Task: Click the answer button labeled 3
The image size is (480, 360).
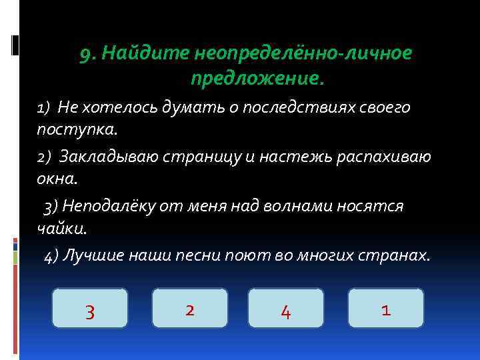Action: tap(89, 308)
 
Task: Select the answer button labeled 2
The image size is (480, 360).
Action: tap(190, 308)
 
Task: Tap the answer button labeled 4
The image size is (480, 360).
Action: tap(285, 308)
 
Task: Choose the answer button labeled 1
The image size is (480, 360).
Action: tap(385, 308)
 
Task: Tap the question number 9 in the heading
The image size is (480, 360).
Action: tap(87, 54)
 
